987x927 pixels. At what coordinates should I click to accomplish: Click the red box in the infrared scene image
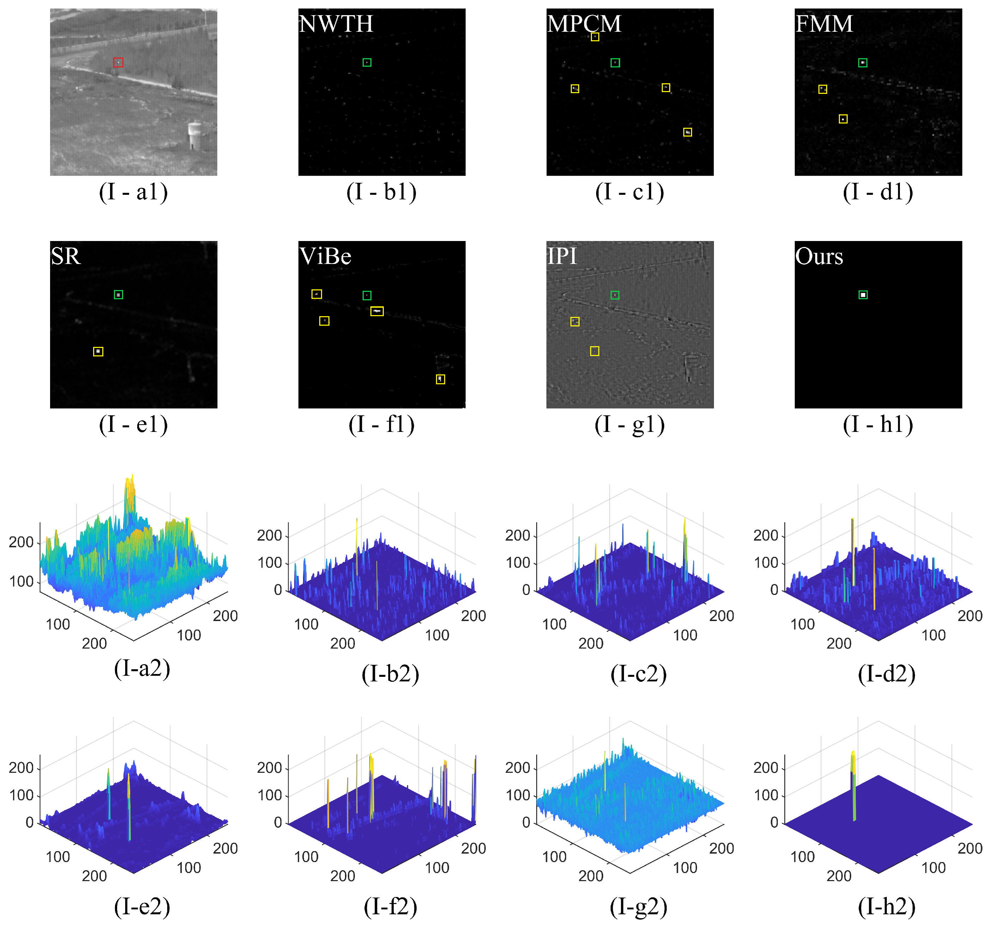(x=118, y=62)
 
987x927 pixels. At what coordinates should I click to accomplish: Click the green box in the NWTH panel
(x=367, y=62)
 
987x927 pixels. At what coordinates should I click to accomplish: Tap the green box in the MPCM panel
(x=615, y=62)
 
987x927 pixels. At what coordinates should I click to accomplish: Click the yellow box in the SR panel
(x=98, y=351)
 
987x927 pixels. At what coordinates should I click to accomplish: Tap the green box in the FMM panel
(x=863, y=62)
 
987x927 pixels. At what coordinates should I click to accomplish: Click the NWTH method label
(x=336, y=24)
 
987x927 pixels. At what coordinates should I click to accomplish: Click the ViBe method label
(x=326, y=257)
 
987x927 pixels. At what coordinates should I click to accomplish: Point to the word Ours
(x=819, y=257)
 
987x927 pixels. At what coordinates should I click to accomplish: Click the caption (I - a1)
(x=134, y=192)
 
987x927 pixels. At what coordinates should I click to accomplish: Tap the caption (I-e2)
(x=143, y=906)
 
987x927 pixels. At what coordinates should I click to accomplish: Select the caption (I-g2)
(x=638, y=906)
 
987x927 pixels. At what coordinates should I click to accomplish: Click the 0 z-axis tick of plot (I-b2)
(x=278, y=590)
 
